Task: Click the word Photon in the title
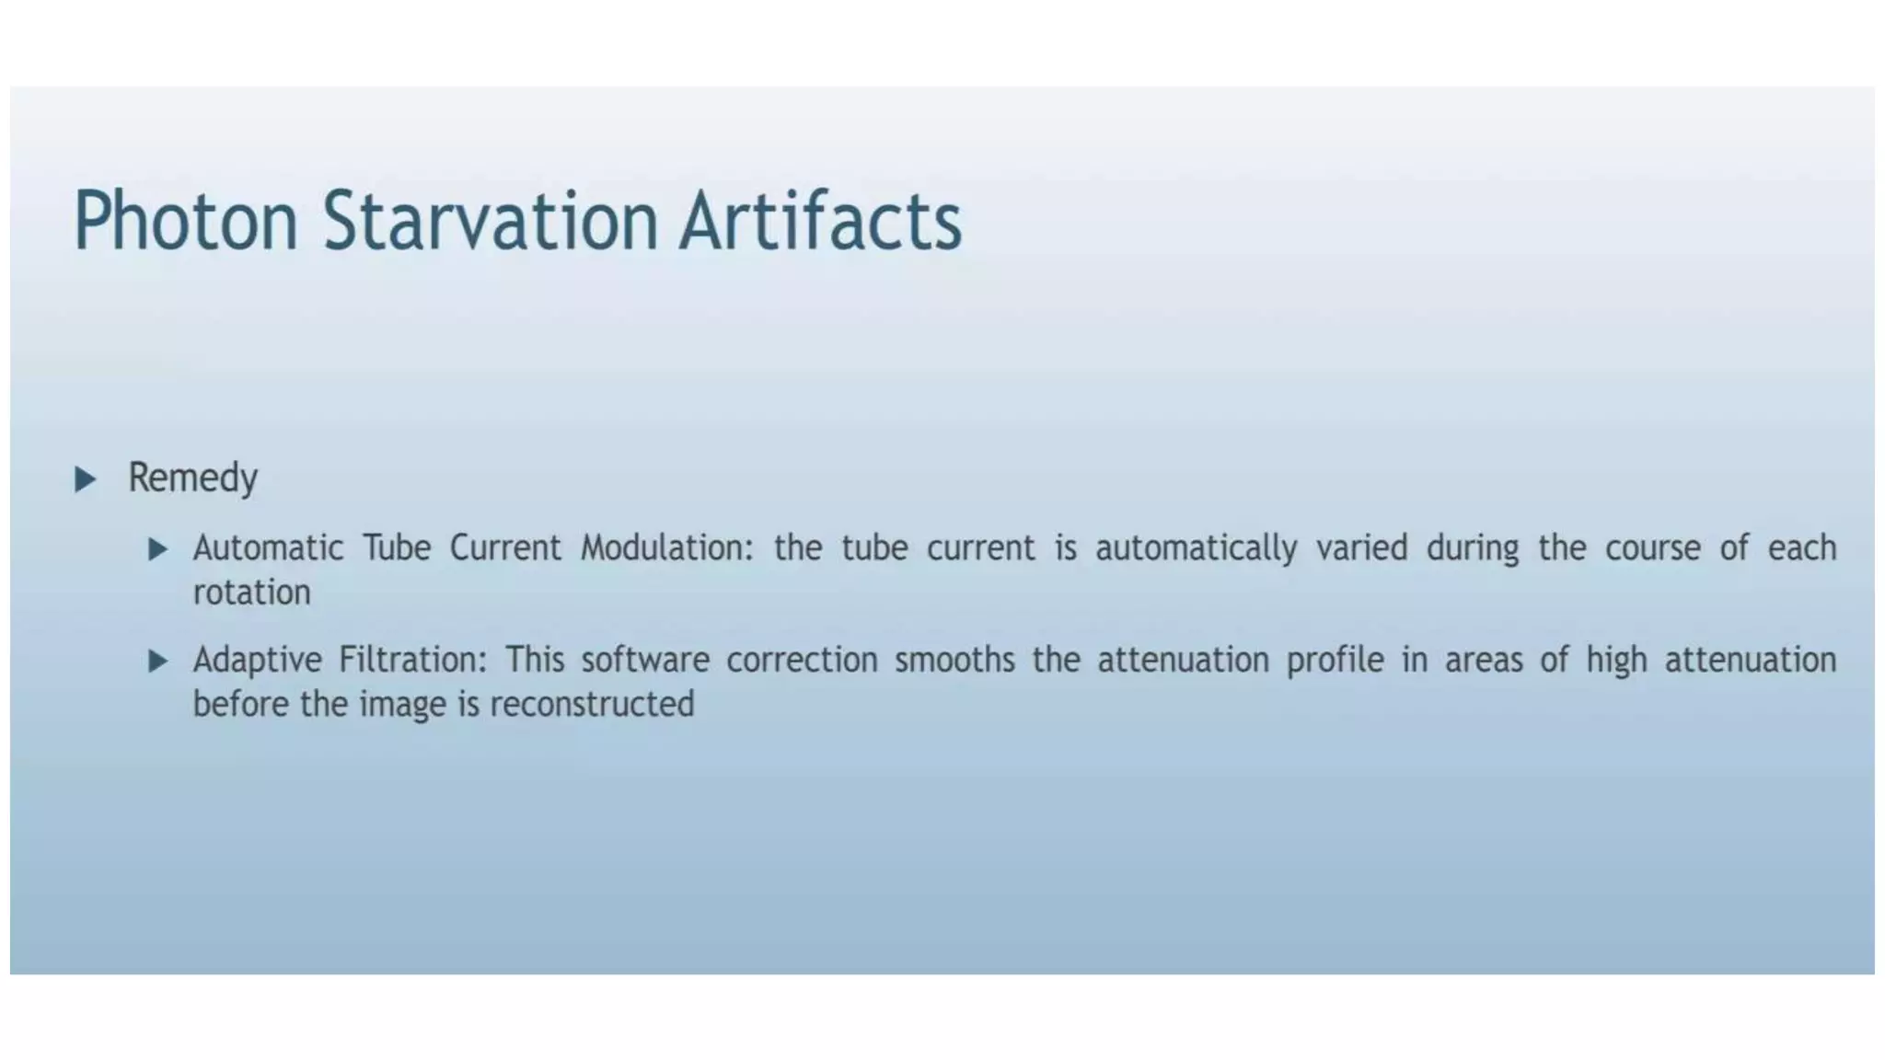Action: click(x=185, y=221)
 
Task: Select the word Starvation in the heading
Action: click(x=490, y=221)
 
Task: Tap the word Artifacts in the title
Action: click(x=820, y=221)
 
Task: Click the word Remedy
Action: click(x=192, y=478)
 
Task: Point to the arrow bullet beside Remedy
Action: click(x=85, y=478)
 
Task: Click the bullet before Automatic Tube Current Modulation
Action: click(x=157, y=549)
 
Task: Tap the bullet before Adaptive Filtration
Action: click(x=157, y=661)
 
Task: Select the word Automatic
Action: click(x=268, y=548)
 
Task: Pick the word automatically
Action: click(x=1196, y=548)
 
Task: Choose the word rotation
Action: click(x=251, y=593)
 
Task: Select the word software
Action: click(x=645, y=660)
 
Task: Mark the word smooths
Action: click(x=954, y=660)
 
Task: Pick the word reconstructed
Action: click(x=592, y=705)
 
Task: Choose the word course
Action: click(x=1653, y=548)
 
